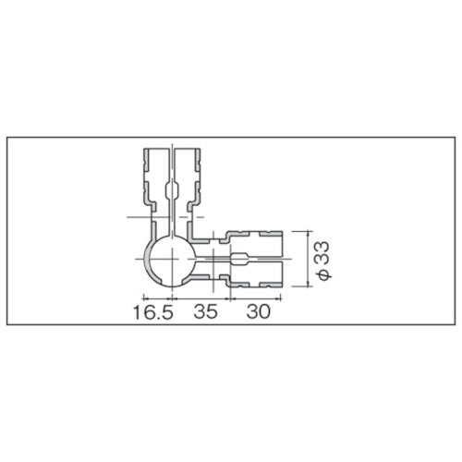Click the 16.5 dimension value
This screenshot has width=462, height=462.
(153, 311)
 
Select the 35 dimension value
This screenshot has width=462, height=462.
(205, 311)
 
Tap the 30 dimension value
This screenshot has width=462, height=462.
(258, 311)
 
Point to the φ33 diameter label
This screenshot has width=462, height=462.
(323, 261)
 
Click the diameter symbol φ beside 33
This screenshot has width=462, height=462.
(323, 275)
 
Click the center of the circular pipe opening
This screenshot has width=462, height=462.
(170, 259)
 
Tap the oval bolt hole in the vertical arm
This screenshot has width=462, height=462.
(172, 190)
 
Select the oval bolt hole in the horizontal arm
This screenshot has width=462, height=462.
(239, 259)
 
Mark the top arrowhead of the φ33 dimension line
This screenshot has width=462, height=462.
(308, 233)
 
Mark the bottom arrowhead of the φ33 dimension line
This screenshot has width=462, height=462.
(308, 285)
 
